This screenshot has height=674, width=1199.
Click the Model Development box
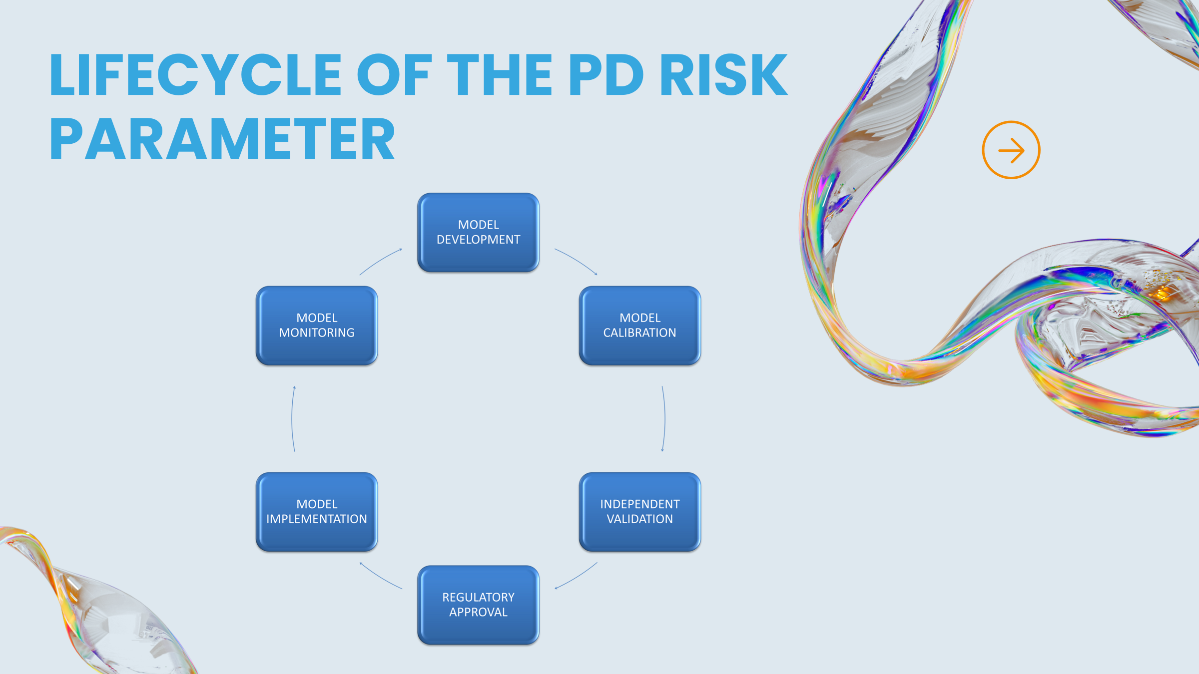[478, 233]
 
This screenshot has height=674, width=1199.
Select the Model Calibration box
[639, 326]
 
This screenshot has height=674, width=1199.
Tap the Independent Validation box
[639, 512]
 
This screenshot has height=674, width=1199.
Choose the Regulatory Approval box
[478, 605]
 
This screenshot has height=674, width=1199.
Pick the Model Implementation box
[317, 512]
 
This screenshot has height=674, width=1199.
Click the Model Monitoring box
[317, 326]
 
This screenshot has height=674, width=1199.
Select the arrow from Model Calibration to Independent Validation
[664, 418]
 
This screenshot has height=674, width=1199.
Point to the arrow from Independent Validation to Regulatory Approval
[577, 577]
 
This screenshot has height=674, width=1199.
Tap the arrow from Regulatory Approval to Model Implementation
[380, 577]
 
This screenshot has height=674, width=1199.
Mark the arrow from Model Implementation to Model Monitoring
[293, 418]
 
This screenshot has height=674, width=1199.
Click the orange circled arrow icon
[1011, 150]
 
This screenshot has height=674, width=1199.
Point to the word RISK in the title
[723, 75]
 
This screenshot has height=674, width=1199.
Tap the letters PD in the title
[605, 75]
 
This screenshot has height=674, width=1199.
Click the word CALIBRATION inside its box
[639, 333]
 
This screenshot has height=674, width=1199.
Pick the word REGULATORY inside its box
[478, 597]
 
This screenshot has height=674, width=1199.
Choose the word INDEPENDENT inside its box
[639, 504]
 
